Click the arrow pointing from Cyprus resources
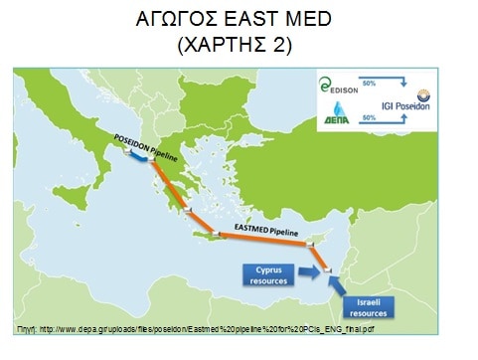(x=320, y=270)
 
